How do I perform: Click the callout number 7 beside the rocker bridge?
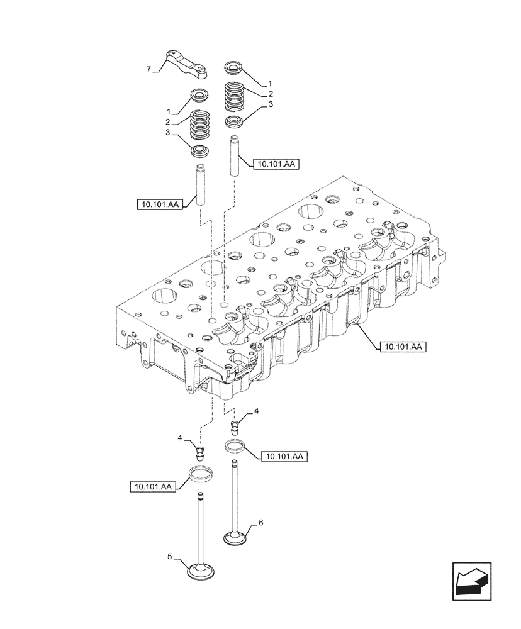click(x=149, y=70)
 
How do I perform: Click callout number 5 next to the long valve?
click(x=169, y=556)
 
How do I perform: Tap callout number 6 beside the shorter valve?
click(x=260, y=523)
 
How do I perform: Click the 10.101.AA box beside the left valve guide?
click(x=160, y=204)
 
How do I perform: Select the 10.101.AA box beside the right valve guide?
click(x=274, y=164)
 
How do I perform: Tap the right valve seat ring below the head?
click(x=235, y=447)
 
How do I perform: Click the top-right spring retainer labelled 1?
click(x=235, y=67)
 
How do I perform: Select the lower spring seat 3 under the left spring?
click(x=201, y=151)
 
